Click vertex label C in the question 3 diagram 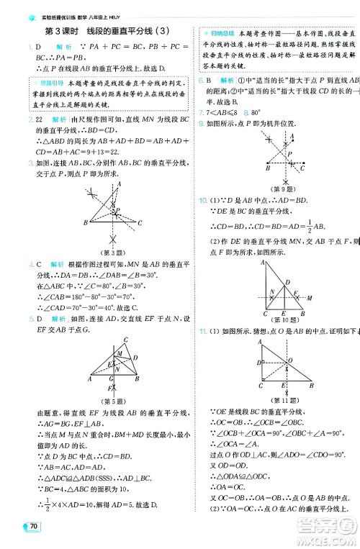click(x=140, y=222)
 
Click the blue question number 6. click(x=202, y=80)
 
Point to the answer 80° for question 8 click(x=253, y=113)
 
